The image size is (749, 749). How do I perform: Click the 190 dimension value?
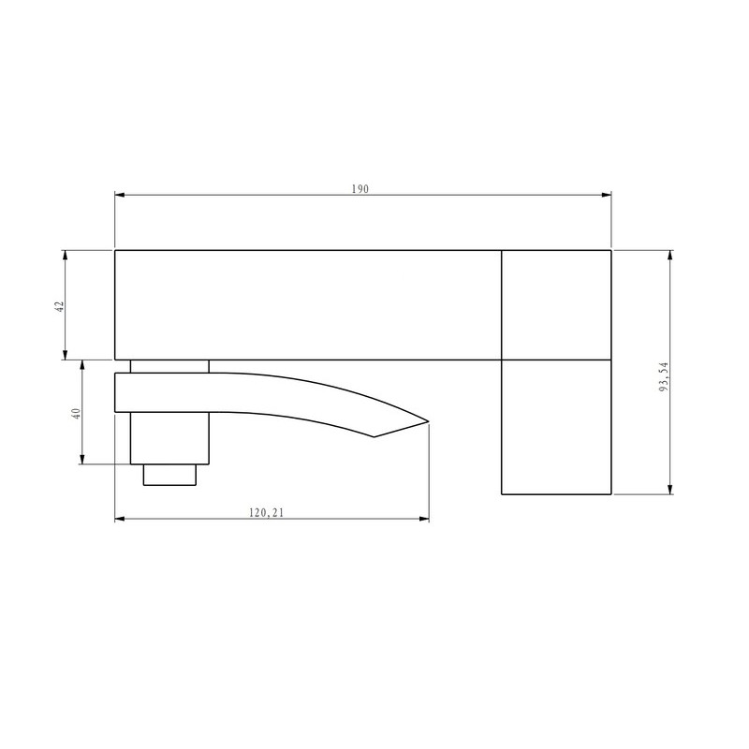pos(360,189)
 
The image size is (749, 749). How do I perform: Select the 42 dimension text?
pos(60,306)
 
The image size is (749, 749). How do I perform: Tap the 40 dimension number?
pos(77,413)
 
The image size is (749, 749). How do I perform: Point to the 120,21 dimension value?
pos(267,513)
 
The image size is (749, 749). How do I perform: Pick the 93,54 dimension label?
pos(664,377)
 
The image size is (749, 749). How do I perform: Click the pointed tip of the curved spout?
pos(428,421)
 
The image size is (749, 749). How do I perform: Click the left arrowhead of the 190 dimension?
pos(120,195)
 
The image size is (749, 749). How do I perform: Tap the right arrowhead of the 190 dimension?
pos(606,195)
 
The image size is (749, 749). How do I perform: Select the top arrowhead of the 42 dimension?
pos(65,255)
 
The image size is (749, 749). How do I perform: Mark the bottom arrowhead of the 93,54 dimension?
pos(670,489)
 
